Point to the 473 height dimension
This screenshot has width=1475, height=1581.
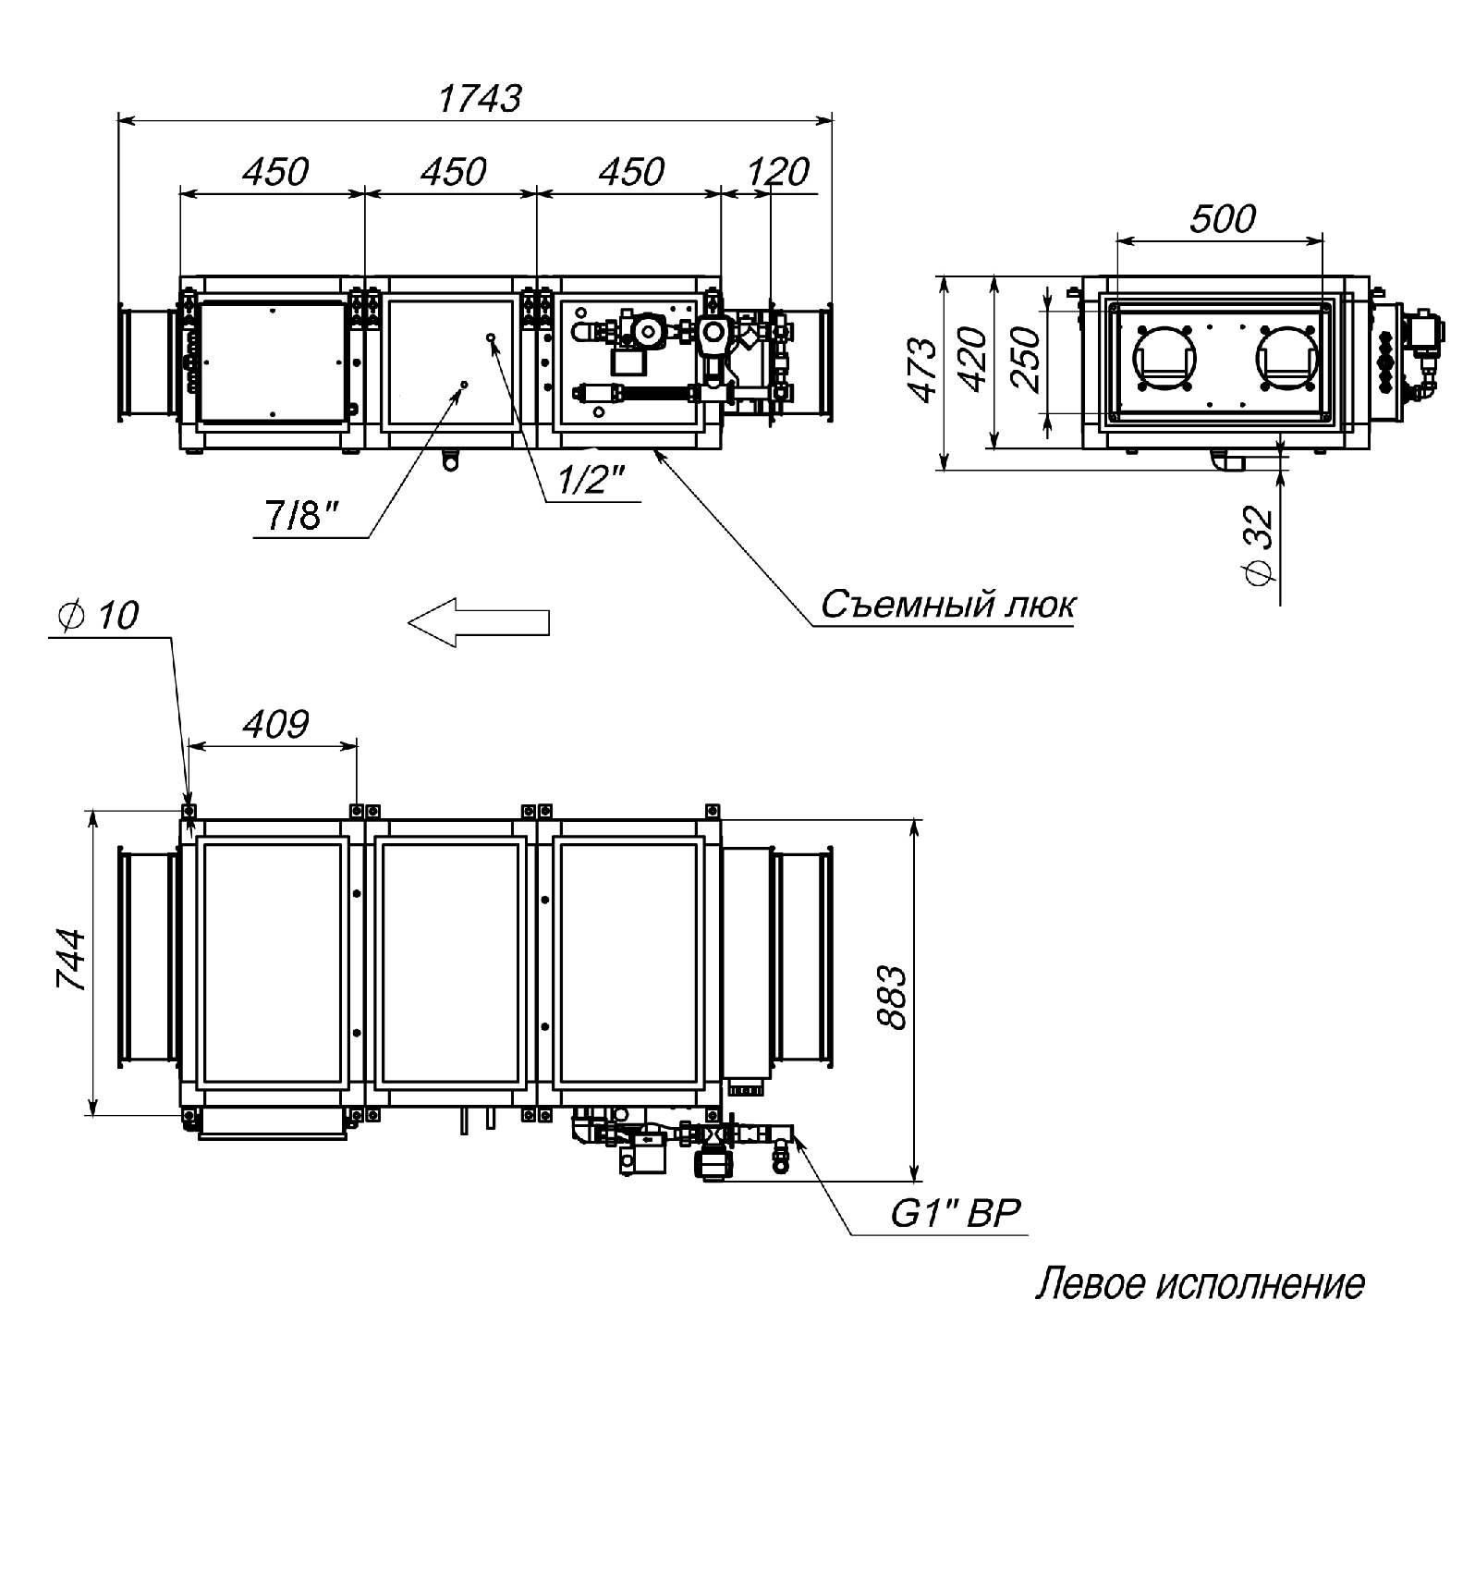point(923,371)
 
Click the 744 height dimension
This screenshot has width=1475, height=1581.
point(73,961)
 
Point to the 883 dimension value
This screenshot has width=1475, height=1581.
point(893,998)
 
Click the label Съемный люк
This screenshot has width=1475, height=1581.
point(948,605)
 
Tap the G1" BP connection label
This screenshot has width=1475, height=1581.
point(956,1214)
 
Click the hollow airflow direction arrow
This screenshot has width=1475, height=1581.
point(479,622)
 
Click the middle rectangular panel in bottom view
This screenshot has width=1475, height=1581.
point(450,963)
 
